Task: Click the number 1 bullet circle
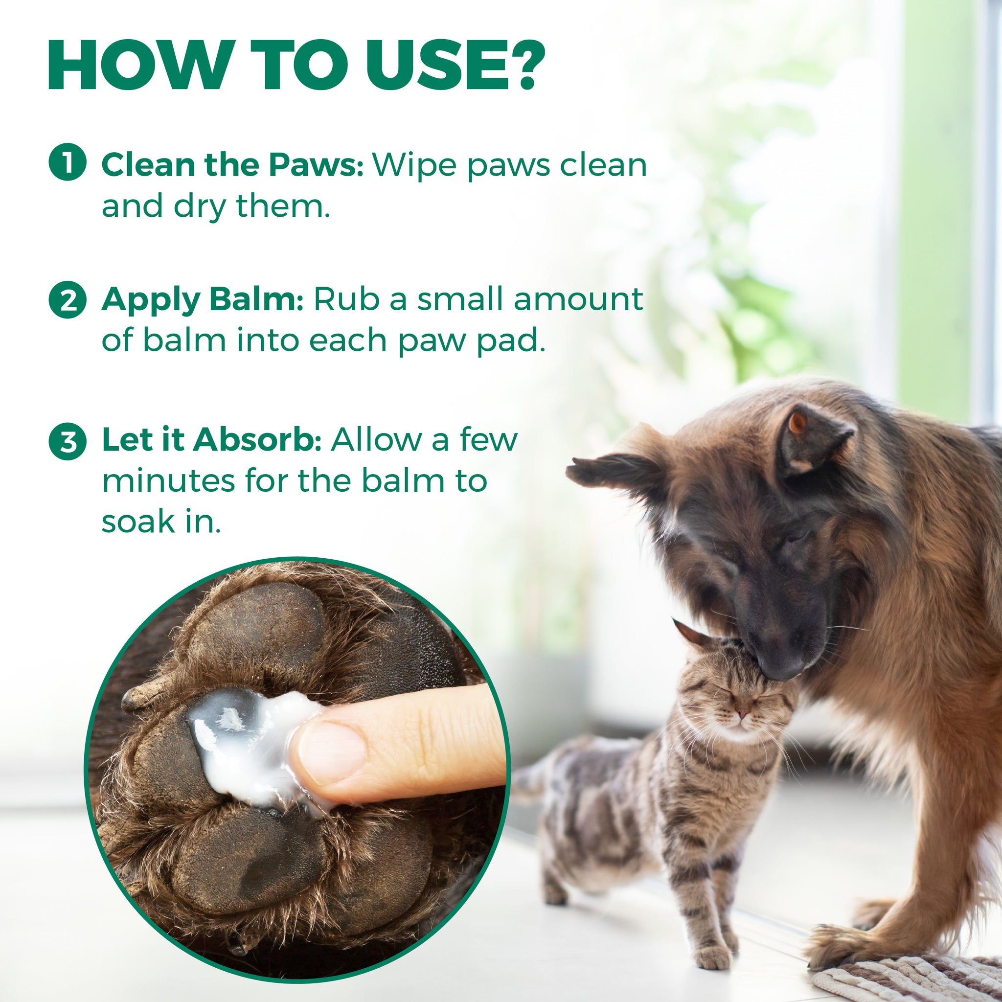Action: click(67, 162)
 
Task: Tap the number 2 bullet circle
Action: click(67, 300)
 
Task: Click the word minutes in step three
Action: click(169, 481)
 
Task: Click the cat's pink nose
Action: click(743, 714)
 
